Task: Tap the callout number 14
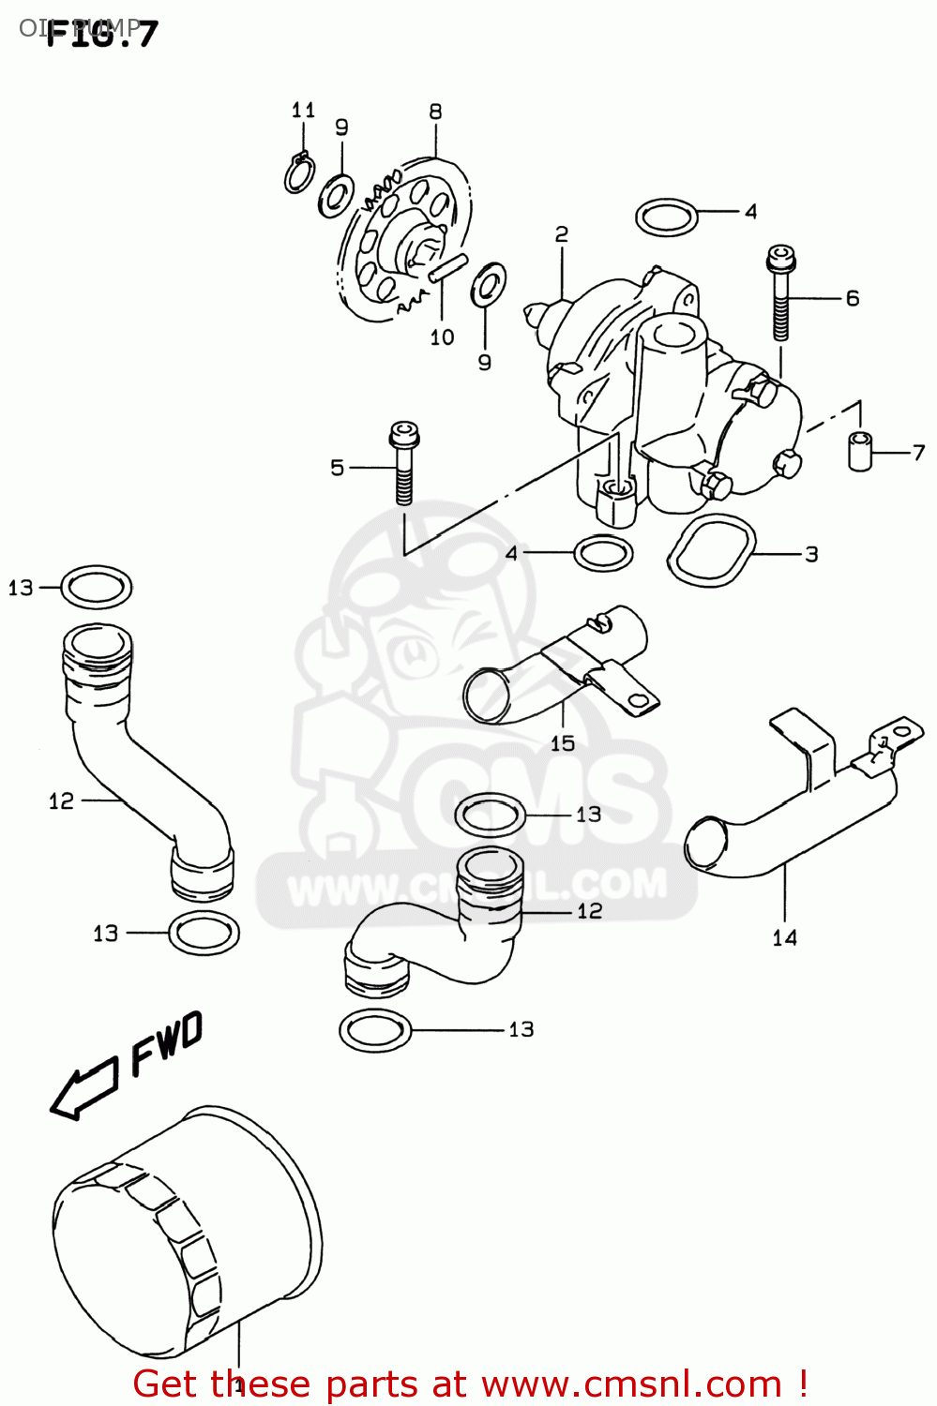point(784,937)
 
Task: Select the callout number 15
point(563,743)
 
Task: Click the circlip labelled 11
point(299,172)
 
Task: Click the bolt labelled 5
point(403,464)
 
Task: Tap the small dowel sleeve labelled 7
point(859,451)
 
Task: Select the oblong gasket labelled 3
point(711,552)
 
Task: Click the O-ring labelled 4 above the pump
point(667,217)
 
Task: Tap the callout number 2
point(561,234)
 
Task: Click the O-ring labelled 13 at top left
point(97,588)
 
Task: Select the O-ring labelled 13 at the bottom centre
point(375,1029)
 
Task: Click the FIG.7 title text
point(101,35)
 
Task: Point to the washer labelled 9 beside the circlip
point(335,195)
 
